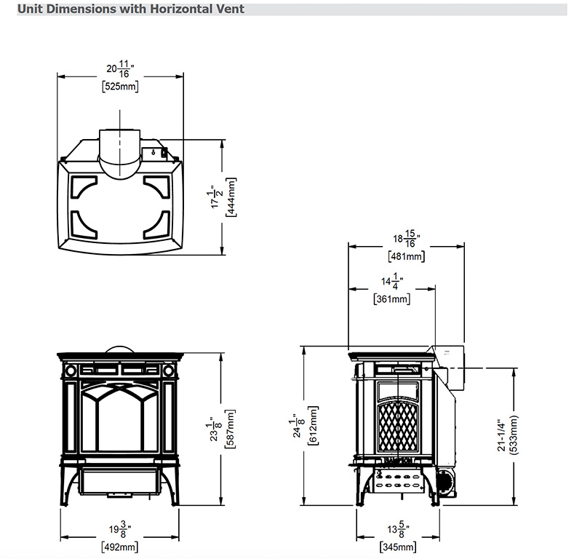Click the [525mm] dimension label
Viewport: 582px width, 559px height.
(120, 87)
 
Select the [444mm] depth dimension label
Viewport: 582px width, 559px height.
(231, 197)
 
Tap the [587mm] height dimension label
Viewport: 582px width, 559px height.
(230, 429)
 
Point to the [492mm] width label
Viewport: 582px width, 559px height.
(119, 547)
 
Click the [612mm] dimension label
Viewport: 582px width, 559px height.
(314, 425)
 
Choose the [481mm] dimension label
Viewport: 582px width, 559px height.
(407, 256)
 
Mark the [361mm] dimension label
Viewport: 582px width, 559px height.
(392, 299)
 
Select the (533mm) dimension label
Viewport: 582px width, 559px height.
(514, 435)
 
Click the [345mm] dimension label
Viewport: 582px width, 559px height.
(398, 547)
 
